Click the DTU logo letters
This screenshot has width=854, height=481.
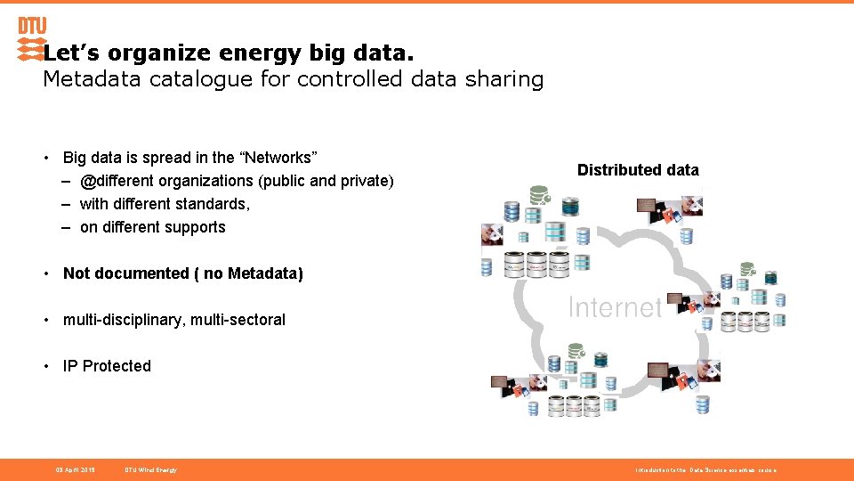click(x=32, y=26)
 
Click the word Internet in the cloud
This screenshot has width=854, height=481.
click(x=614, y=307)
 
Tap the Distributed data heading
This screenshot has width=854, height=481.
click(x=638, y=170)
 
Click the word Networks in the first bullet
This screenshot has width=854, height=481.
click(x=278, y=158)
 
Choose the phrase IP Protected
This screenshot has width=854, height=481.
click(x=107, y=366)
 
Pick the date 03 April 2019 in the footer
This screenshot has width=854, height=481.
click(x=76, y=469)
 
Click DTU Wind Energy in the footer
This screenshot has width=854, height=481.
click(x=150, y=469)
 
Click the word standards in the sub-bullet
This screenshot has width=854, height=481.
click(x=217, y=204)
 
